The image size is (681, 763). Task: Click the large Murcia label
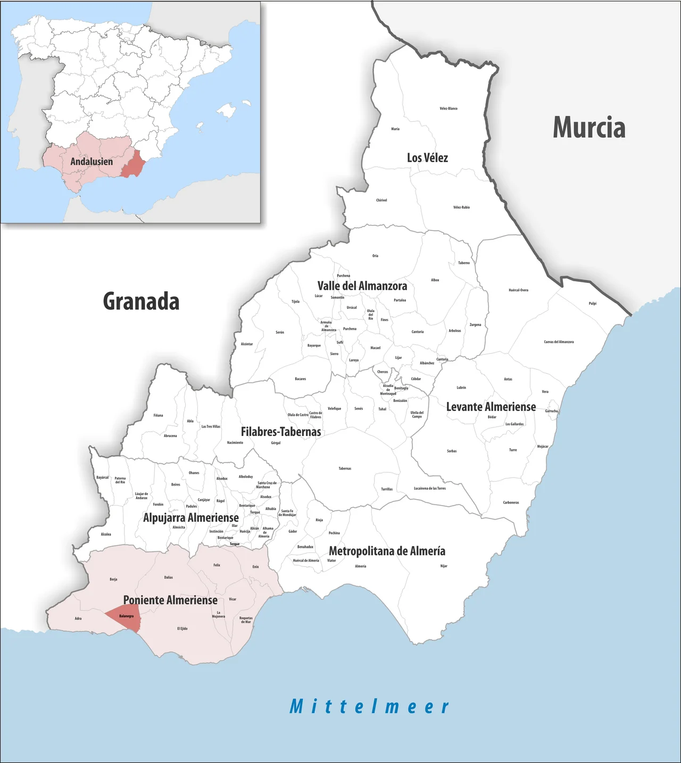(x=589, y=128)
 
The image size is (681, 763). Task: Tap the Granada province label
(x=141, y=301)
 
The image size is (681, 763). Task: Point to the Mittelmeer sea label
(x=369, y=707)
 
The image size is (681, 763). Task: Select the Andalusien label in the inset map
(x=92, y=161)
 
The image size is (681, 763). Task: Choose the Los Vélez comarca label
(x=427, y=158)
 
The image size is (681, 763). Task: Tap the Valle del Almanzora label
(x=362, y=286)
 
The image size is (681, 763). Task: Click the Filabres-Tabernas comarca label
(x=281, y=432)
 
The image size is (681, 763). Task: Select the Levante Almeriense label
(x=491, y=407)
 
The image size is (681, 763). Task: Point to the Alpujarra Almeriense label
(x=191, y=517)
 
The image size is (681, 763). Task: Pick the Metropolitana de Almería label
(x=387, y=551)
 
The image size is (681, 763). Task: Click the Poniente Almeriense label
(x=170, y=600)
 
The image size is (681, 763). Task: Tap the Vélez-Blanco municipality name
(x=449, y=108)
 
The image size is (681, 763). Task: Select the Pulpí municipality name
(x=593, y=304)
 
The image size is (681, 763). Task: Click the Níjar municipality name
(x=444, y=566)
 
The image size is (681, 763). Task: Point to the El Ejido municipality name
(x=182, y=628)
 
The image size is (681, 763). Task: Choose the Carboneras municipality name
(x=511, y=502)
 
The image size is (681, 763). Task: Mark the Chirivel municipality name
(x=381, y=200)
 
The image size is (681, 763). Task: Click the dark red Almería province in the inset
(x=132, y=163)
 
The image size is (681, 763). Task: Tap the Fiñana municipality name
(x=158, y=415)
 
